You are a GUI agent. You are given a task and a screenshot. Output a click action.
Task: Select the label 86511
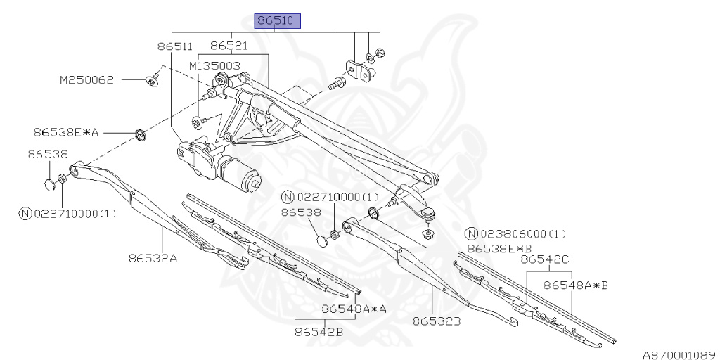[174, 46]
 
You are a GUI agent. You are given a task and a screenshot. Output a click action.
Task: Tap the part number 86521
[229, 46]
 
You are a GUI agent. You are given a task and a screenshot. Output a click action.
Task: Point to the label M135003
[215, 65]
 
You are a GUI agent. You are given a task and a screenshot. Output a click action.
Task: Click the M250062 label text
[86, 80]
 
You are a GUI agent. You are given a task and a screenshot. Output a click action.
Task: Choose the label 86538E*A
[67, 131]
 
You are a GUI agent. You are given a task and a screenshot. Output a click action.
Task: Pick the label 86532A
[153, 258]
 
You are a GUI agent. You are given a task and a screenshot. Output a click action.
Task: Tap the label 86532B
[437, 322]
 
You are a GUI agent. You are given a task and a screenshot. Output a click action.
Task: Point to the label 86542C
[545, 259]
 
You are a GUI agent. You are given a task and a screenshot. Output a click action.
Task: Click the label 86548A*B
[576, 285]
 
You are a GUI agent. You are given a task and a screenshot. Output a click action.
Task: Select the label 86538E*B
[500, 248]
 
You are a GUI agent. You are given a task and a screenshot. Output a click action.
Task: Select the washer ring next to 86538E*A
[141, 133]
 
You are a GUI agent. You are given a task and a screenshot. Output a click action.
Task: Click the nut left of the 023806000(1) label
[427, 233]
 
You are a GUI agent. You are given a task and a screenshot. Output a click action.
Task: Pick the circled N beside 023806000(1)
[471, 234]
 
